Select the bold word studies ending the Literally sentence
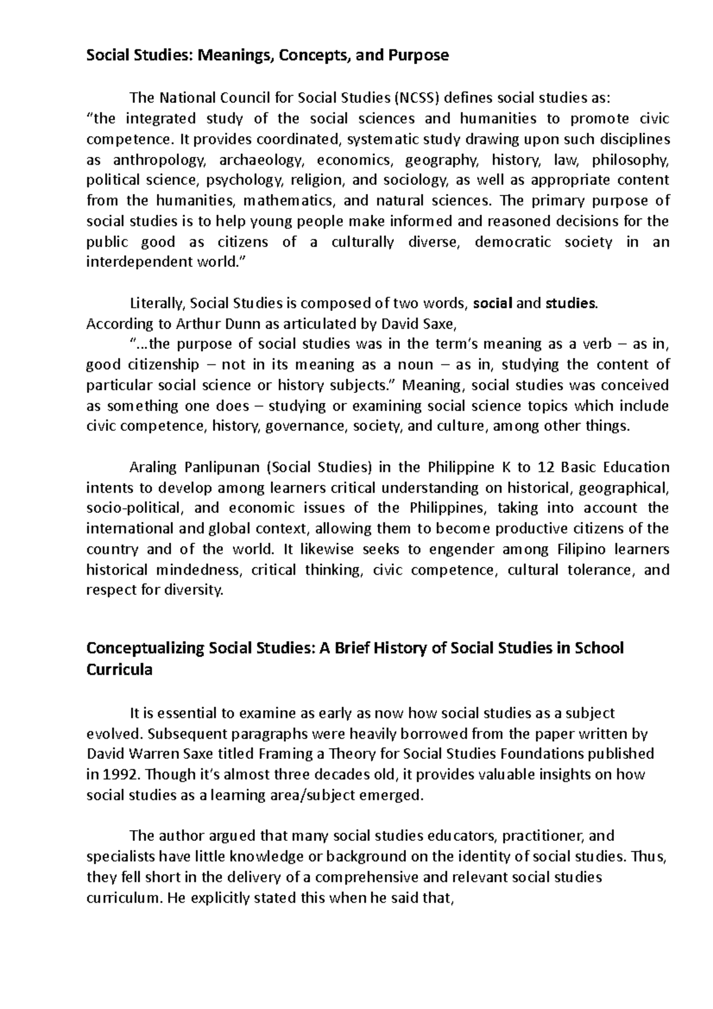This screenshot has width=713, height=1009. click(570, 304)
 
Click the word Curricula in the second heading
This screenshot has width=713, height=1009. click(119, 670)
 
